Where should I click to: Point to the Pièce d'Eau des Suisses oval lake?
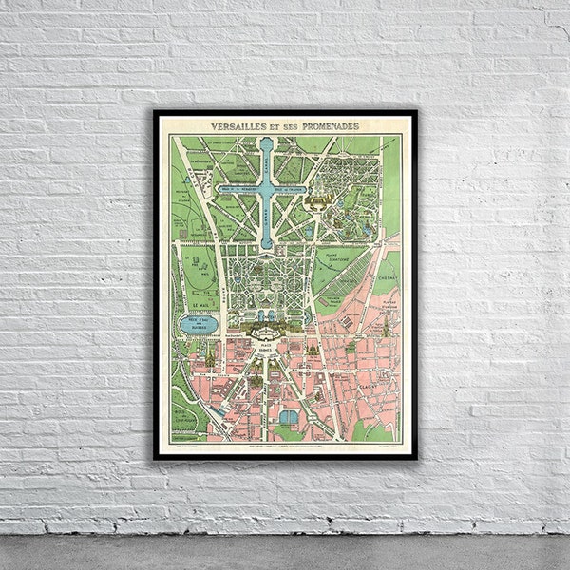click(198, 325)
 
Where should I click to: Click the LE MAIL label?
click(201, 306)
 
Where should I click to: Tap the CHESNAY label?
click(388, 268)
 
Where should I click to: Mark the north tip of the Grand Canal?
click(267, 141)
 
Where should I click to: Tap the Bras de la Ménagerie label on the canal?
click(237, 189)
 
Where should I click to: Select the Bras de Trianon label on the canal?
click(295, 189)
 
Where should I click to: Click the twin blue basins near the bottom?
click(289, 417)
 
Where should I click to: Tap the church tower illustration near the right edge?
click(387, 326)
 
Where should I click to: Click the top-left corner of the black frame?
click(155, 111)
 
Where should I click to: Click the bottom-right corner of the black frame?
click(416, 459)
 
